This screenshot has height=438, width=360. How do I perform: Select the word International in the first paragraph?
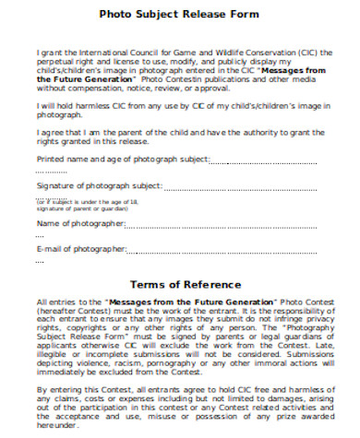click(104, 53)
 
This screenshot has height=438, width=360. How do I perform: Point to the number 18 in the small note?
click(134, 200)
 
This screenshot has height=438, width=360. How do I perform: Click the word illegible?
click(54, 356)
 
